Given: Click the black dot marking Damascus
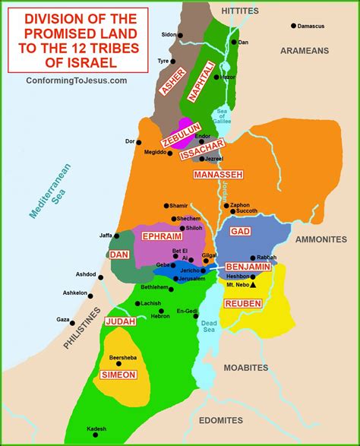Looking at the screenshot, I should point(294,27).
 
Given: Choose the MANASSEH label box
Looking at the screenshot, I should point(218,174).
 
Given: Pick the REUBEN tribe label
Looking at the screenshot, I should point(243,303).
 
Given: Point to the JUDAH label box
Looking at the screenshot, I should point(120,321).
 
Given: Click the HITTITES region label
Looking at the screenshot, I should point(239,11).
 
